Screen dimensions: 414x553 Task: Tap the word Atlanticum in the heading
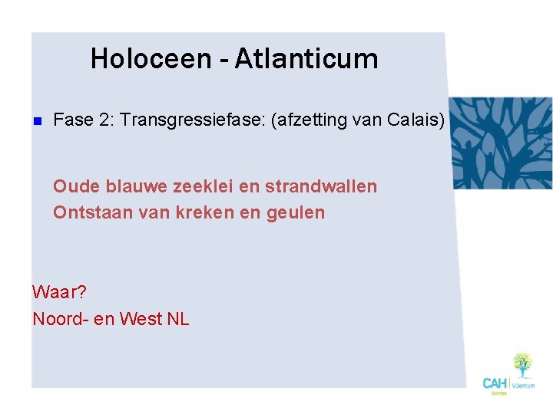click(x=306, y=58)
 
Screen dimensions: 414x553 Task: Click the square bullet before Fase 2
click(x=35, y=120)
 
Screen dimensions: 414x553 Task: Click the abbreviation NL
click(x=178, y=318)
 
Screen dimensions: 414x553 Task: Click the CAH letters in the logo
click(x=495, y=382)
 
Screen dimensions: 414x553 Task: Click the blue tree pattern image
click(x=500, y=143)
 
